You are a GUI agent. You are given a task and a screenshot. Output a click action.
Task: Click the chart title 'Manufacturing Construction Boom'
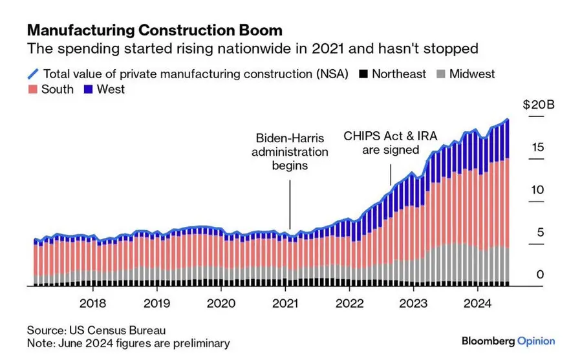tap(154, 30)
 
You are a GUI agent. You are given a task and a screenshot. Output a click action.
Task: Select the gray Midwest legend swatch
tap(441, 74)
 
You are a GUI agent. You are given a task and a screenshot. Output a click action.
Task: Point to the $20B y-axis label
tap(534, 105)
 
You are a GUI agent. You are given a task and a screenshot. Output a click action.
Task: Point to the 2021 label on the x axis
tap(285, 304)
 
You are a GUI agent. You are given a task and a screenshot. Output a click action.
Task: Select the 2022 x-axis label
tap(350, 304)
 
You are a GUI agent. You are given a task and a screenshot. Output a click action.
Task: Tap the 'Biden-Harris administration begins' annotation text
tap(289, 152)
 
